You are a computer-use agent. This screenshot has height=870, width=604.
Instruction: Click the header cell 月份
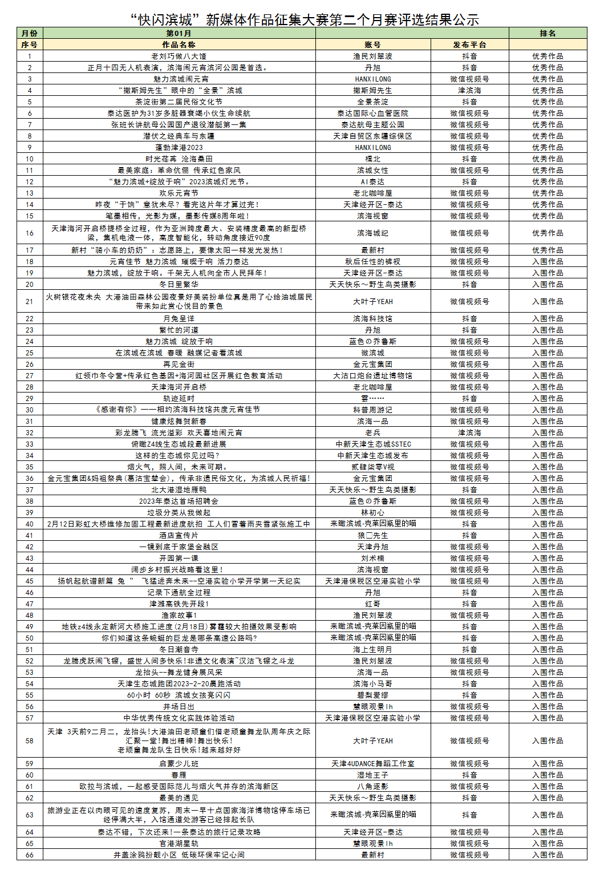[x=30, y=34]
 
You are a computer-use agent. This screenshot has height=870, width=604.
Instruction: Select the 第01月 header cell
[x=179, y=34]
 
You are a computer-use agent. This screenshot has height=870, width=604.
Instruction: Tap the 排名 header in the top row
[x=548, y=34]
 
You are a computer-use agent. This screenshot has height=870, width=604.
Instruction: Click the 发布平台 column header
[x=469, y=44]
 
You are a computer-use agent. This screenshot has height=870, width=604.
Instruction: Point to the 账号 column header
[x=372, y=44]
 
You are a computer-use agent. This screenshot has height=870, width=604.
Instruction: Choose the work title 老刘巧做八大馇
[x=179, y=56]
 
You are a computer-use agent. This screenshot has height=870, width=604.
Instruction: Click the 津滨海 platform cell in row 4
[x=469, y=91]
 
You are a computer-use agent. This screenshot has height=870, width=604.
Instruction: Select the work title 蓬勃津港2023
[x=179, y=148]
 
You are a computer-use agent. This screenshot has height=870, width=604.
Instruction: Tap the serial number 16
[x=30, y=233]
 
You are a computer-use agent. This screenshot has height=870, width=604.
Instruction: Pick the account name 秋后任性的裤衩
[x=372, y=262]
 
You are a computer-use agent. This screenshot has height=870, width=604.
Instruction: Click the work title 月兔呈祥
[x=179, y=319]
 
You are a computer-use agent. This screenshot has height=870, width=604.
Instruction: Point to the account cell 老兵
[x=372, y=433]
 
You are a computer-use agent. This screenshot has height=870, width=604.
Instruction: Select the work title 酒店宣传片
[x=179, y=536]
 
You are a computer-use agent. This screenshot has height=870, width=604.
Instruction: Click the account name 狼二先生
[x=372, y=536]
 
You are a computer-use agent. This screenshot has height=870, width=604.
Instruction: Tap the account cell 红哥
[x=372, y=604]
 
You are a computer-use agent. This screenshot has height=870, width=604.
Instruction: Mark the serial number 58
[x=30, y=741]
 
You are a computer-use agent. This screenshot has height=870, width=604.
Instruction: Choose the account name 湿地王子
[x=372, y=775]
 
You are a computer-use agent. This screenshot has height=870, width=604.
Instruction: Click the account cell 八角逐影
[x=372, y=787]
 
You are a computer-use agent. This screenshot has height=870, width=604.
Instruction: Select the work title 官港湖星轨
[x=179, y=844]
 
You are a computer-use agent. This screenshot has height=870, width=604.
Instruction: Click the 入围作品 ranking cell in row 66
[x=548, y=855]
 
